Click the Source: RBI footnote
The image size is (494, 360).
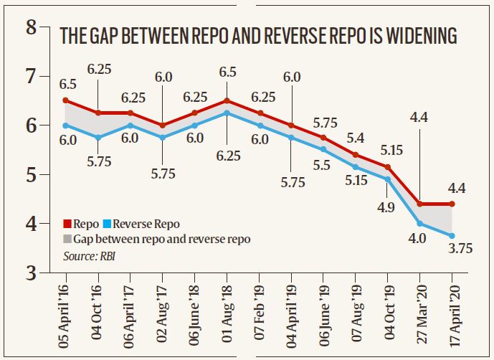coord(90,253)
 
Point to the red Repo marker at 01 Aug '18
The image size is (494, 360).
coord(227,100)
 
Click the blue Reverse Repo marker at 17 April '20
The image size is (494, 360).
coord(452,235)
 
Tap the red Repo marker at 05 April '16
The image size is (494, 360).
coord(65,100)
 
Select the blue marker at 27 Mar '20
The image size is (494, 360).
coord(419,223)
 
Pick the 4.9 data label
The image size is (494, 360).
coord(388,209)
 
